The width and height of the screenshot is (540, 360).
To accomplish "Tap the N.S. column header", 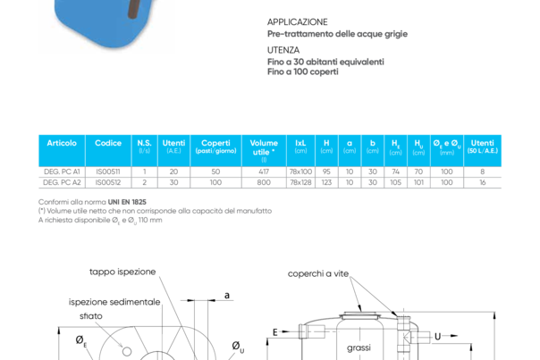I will (144, 145).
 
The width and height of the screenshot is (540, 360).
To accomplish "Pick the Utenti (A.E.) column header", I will (174, 145).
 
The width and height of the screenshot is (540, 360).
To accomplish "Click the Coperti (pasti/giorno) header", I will (215, 145).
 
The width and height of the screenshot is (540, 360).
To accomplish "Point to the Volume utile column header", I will (264, 146).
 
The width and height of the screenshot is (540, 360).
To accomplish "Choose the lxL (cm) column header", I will (301, 145).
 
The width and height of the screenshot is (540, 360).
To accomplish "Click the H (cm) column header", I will (326, 145).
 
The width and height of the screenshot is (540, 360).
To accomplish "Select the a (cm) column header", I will (350, 145).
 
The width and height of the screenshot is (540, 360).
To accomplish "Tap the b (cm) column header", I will (373, 145).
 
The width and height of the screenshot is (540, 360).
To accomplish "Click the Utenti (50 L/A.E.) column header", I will (483, 145).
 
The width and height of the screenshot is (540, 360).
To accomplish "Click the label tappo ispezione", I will (122, 272).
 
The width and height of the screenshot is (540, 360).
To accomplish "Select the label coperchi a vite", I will (317, 274).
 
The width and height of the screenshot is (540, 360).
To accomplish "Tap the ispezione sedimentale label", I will (114, 303).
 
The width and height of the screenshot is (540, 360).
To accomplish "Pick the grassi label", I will (359, 347).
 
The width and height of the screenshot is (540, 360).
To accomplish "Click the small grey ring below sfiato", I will (128, 351).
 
